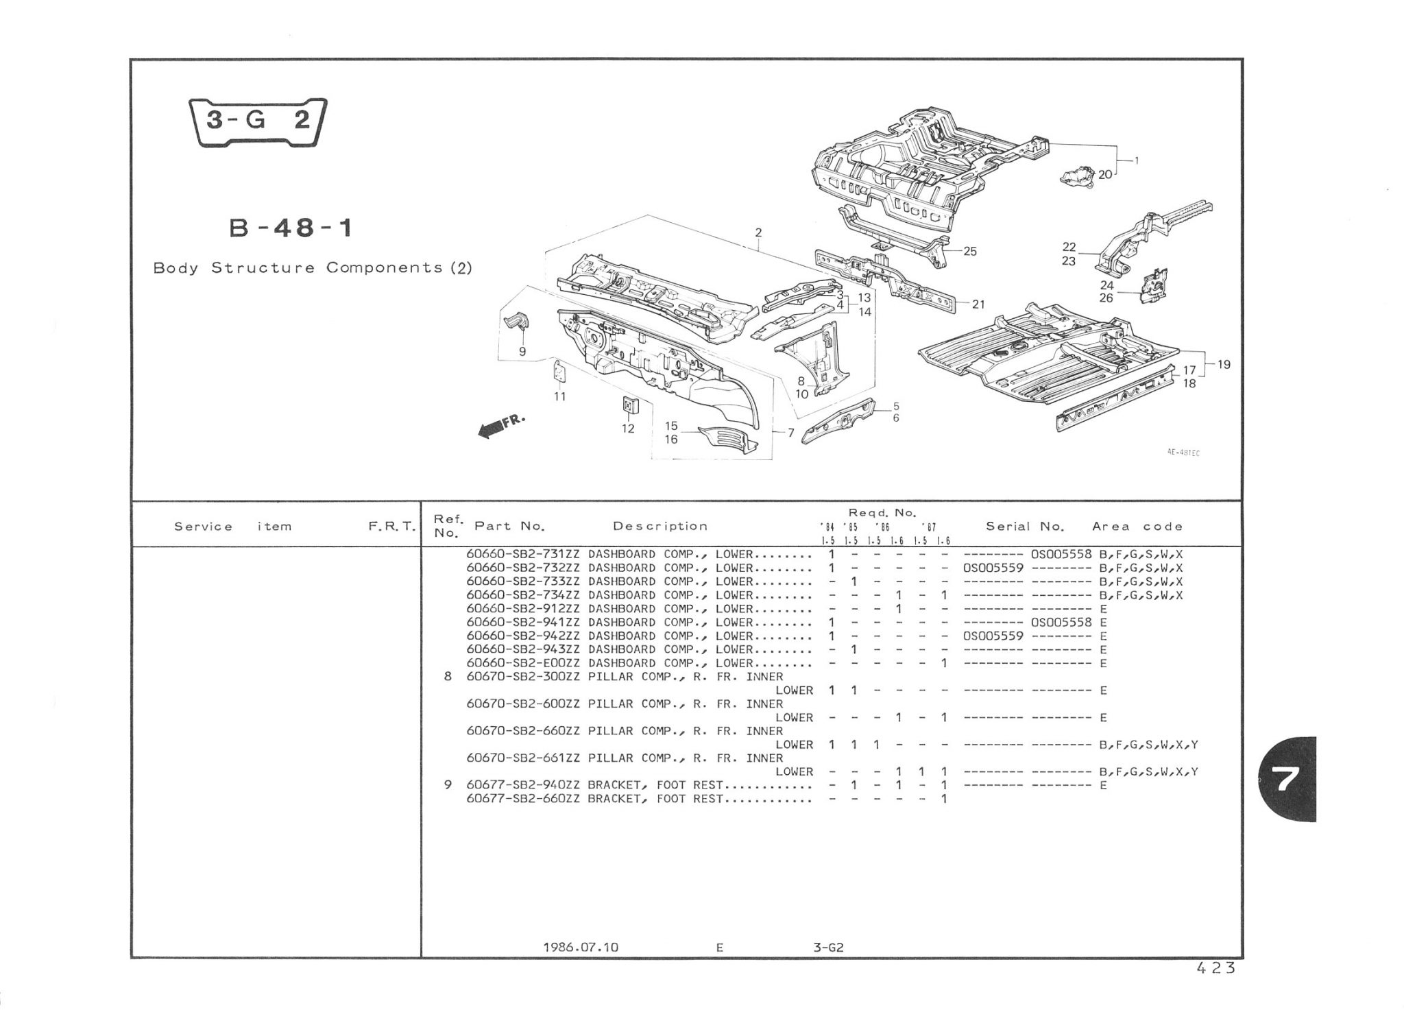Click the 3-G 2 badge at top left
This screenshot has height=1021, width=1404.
[257, 121]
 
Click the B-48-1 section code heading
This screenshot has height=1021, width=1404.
[291, 228]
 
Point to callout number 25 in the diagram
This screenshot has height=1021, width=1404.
[969, 252]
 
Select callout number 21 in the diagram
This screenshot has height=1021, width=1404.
[978, 304]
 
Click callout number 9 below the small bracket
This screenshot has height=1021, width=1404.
[522, 352]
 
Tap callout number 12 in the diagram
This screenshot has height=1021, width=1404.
[628, 429]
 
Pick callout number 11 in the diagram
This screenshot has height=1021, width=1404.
[560, 396]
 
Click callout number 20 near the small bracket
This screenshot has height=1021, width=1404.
[1104, 175]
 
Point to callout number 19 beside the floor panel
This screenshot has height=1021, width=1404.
[1224, 365]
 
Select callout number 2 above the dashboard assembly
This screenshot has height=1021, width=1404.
[758, 232]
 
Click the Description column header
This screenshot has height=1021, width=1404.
[660, 527]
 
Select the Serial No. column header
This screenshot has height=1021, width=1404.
[1025, 527]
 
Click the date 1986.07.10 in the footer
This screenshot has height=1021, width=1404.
[580, 948]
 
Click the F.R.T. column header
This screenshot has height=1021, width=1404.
[391, 527]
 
